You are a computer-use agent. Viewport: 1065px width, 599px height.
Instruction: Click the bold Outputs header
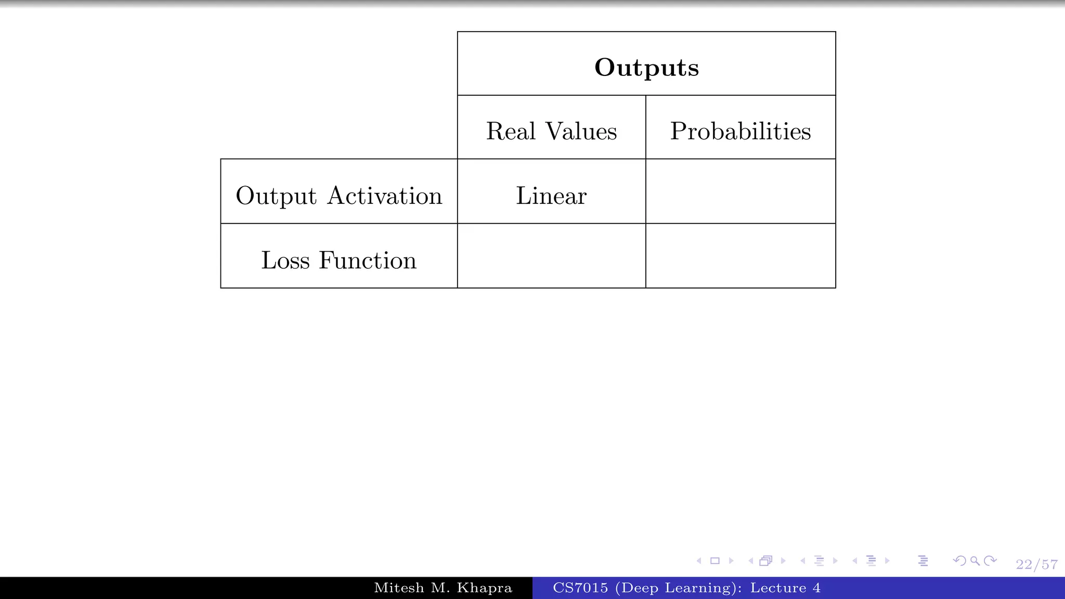tap(646, 68)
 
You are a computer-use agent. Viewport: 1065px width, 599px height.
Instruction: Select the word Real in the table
tap(510, 131)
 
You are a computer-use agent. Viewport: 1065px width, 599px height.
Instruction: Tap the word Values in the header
tap(581, 131)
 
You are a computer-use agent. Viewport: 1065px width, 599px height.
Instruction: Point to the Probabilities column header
tap(740, 131)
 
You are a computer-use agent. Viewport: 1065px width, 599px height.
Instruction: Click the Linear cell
tap(551, 196)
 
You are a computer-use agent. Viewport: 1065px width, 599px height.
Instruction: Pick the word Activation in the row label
tap(385, 196)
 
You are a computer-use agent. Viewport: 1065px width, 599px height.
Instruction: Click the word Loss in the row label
tap(285, 260)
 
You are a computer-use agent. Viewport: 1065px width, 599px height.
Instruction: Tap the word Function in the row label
tap(368, 260)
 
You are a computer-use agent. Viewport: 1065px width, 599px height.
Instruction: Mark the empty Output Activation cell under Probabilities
tap(741, 191)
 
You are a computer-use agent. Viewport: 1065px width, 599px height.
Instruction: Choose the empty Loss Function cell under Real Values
tap(551, 256)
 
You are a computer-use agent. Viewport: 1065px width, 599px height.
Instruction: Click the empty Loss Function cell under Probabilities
tap(741, 256)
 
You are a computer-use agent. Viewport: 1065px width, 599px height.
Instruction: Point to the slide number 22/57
tap(1036, 565)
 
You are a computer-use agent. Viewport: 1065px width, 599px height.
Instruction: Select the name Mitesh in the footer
tap(399, 588)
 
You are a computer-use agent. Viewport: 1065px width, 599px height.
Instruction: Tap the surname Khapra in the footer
tap(484, 588)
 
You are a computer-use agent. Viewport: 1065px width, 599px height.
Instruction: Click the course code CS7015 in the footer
tap(580, 588)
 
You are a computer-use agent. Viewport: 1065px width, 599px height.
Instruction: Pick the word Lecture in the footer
tap(778, 588)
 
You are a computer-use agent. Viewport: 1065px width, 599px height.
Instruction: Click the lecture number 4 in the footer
tap(816, 588)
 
